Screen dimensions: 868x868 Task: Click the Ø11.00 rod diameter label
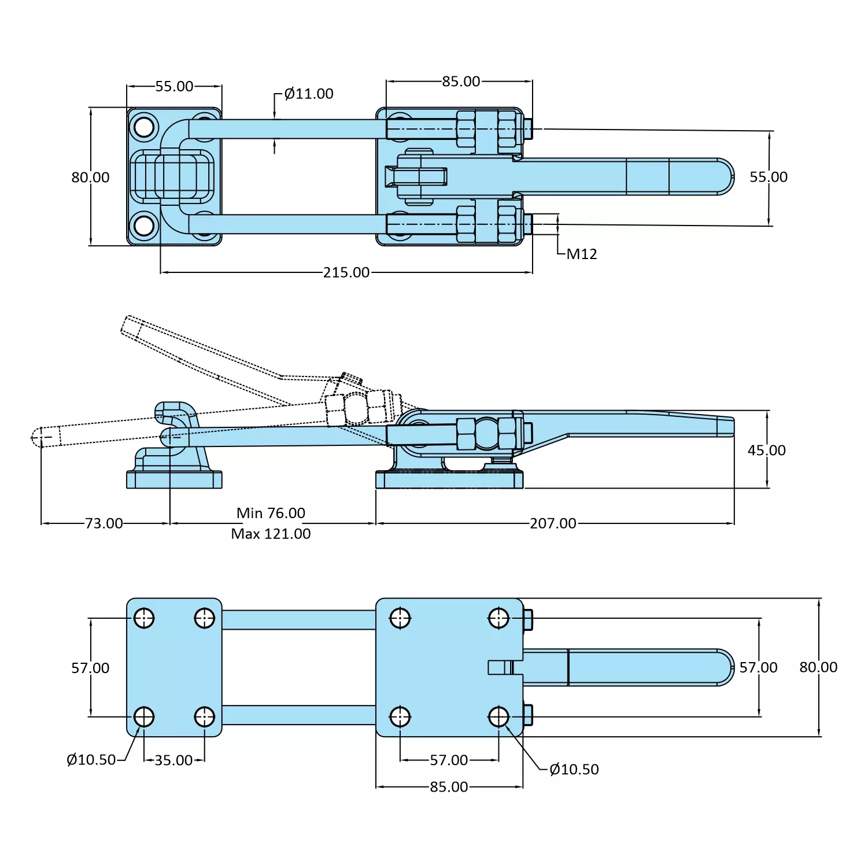309,94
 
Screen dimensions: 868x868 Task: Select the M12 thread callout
581,254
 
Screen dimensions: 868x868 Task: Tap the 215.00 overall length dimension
346,272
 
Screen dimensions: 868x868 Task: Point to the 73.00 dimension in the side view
104,523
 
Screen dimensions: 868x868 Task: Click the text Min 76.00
271,513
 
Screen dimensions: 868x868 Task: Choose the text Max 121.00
271,534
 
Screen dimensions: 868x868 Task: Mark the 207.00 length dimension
553,523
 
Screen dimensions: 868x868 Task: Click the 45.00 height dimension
766,450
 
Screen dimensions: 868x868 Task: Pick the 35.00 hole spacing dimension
173,760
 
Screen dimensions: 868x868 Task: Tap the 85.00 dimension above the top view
461,82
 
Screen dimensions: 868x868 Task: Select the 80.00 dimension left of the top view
90,178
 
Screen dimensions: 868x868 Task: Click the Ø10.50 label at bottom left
91,760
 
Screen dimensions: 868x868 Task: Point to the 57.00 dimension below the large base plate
449,760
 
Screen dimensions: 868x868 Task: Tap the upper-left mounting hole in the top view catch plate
143,127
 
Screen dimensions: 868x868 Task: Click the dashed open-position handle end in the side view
132,326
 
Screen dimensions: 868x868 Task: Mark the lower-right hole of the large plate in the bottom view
498,717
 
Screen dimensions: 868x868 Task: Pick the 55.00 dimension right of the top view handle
769,177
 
